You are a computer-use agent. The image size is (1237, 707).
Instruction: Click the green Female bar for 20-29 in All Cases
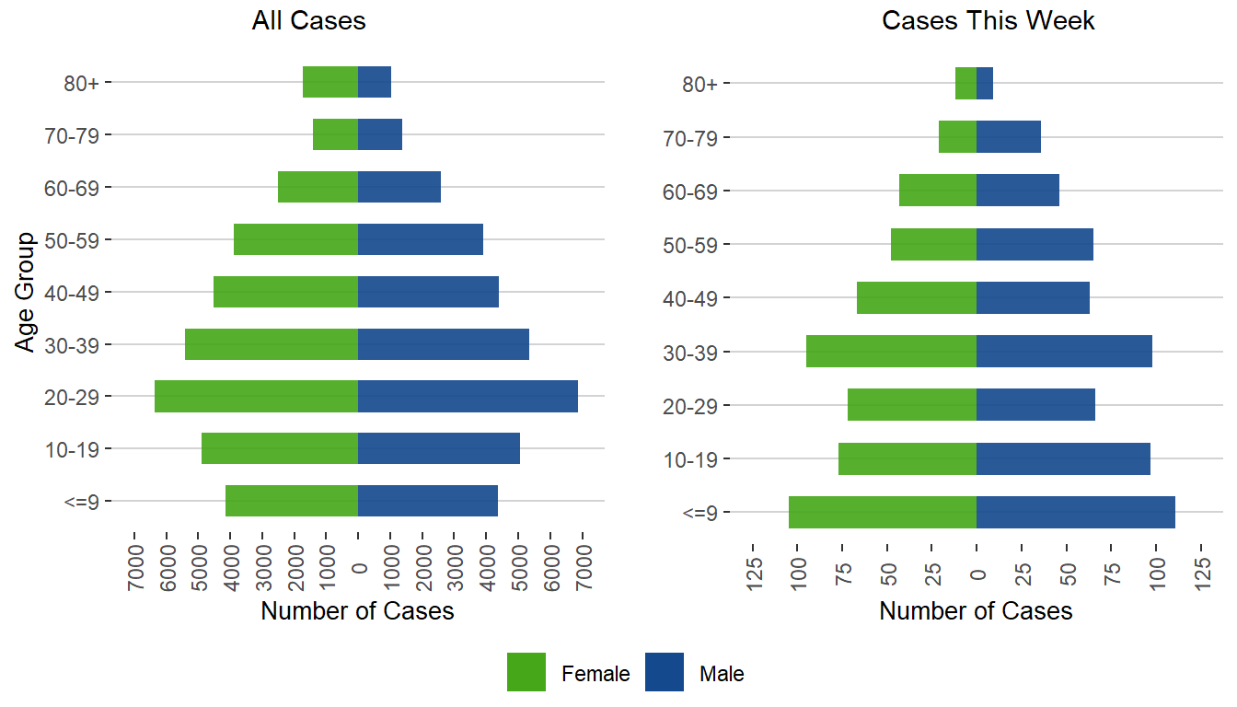pos(256,397)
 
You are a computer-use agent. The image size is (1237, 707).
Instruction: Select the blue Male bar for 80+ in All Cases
pos(375,82)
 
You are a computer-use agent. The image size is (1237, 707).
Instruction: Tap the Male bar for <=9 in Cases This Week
pos(1075,513)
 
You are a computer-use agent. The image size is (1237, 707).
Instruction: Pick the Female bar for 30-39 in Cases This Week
pos(891,352)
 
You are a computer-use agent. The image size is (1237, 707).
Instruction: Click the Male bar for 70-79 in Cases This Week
pos(1008,137)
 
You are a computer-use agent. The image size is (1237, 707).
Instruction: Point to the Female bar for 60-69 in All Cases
pos(318,187)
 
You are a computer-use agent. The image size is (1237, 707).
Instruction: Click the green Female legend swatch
pos(526,672)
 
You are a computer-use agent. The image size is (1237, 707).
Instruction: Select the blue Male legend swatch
pos(665,672)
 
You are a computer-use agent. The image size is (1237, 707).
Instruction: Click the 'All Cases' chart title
pos(309,21)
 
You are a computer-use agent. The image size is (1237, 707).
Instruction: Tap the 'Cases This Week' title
pos(988,21)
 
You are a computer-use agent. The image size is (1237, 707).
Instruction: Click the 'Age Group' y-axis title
pos(26,292)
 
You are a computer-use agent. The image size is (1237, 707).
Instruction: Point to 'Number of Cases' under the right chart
pos(976,610)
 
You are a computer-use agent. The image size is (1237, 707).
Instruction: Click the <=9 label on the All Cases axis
pos(89,502)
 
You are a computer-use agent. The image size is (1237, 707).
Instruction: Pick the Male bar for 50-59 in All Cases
pos(420,239)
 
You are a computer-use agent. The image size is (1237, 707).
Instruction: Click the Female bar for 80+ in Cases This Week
pos(965,84)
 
